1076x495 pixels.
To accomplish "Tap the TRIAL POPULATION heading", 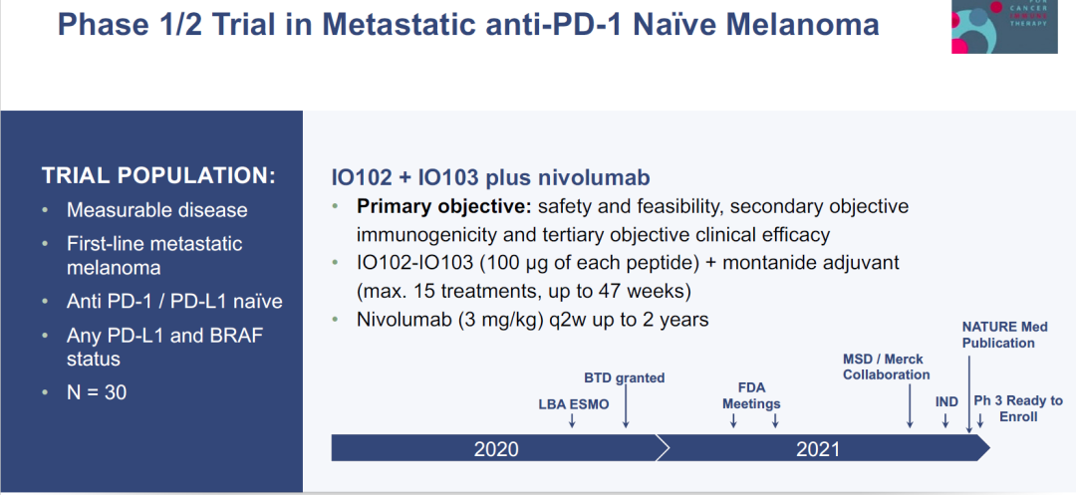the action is pos(158,175).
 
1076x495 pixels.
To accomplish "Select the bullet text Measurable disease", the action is pos(157,210).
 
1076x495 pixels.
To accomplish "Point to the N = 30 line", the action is pos(97,392).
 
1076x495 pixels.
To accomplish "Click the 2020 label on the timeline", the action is pos(496,449).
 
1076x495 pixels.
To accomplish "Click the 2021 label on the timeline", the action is pos(818,449).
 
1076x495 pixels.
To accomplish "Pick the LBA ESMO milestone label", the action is pos(574,404).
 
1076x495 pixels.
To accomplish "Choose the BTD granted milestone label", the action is pos(625,377).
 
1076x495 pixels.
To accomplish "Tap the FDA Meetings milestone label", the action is pos(751,394).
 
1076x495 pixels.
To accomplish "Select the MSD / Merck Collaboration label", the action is pos(887,367).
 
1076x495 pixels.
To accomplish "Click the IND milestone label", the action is pos(947,401).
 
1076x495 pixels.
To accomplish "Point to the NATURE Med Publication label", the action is pos(1004,335).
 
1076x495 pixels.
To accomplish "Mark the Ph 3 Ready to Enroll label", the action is pos(1018,408).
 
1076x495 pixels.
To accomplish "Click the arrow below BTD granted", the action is pos(626,408).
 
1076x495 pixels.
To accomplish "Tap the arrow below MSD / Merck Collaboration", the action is pos(910,406).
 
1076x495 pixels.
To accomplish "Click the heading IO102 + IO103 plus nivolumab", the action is pos(490,177).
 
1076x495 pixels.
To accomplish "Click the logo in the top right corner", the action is pos(1004,27).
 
